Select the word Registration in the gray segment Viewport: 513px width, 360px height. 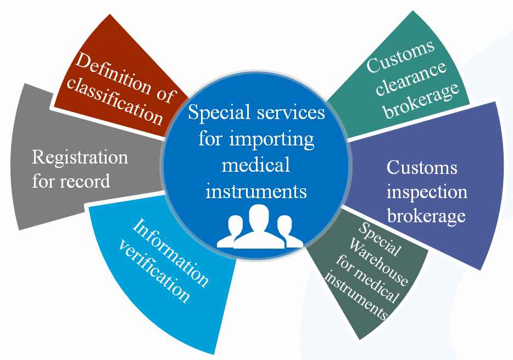80,157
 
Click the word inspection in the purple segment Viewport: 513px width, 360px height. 427,192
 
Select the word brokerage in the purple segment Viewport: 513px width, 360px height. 426,216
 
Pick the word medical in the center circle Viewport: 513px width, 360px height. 255,164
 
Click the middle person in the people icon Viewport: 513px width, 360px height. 256,226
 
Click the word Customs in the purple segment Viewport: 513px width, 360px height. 422,167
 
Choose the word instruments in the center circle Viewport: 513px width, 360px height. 255,191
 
